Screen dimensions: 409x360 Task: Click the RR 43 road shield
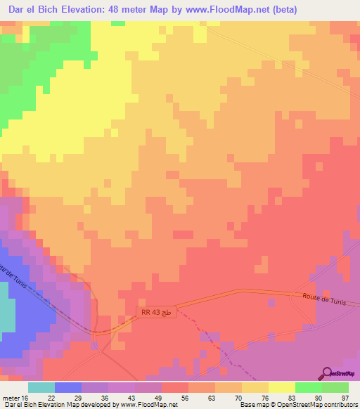coord(154,311)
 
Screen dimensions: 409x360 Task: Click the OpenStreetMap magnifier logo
coord(328,374)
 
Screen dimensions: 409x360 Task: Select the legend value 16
coord(27,397)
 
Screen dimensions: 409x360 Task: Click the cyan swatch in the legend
coord(41,387)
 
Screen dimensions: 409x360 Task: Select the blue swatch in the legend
coord(67,387)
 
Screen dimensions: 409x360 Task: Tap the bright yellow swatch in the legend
coord(281,387)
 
